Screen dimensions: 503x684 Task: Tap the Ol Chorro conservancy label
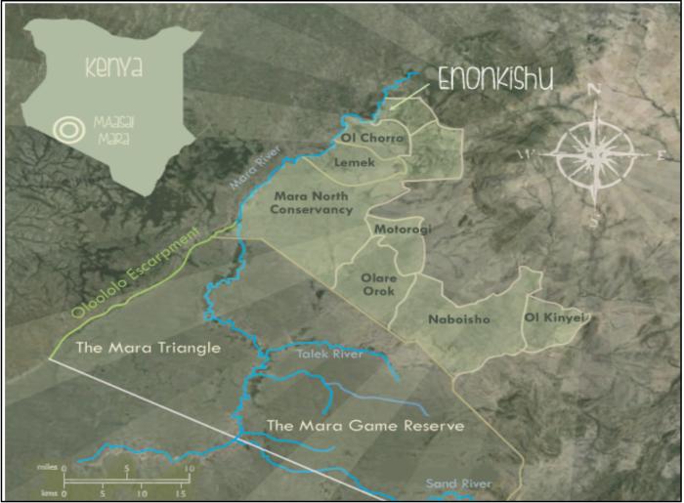(x=371, y=140)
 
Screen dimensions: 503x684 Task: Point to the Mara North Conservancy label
(x=313, y=202)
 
